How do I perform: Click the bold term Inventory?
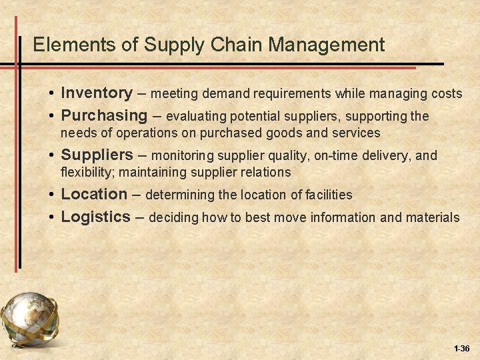pos(96,93)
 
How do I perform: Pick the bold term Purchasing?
pos(103,115)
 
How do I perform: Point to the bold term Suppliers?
pos(97,155)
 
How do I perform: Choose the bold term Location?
pos(94,194)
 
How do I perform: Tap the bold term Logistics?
pos(95,217)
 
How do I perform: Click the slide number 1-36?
pos(461,349)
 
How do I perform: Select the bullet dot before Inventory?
pos(51,94)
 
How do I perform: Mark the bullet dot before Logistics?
pos(51,218)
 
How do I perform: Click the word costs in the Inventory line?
pos(447,94)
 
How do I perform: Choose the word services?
pos(358,133)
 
